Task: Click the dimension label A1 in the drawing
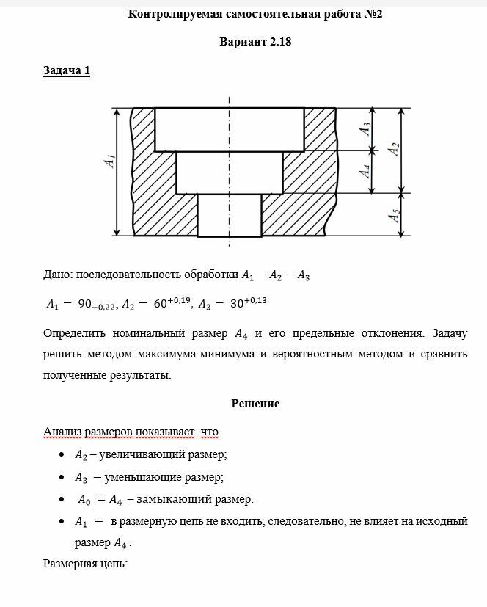point(109,161)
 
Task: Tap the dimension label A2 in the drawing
point(395,149)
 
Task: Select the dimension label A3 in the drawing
point(365,128)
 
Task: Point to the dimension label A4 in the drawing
point(365,172)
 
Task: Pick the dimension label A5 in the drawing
point(395,216)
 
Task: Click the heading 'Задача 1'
point(67,70)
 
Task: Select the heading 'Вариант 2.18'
point(255,41)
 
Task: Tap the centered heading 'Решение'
point(255,404)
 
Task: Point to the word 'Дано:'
point(58,276)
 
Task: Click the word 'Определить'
point(76,333)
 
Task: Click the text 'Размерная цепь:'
point(85,564)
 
